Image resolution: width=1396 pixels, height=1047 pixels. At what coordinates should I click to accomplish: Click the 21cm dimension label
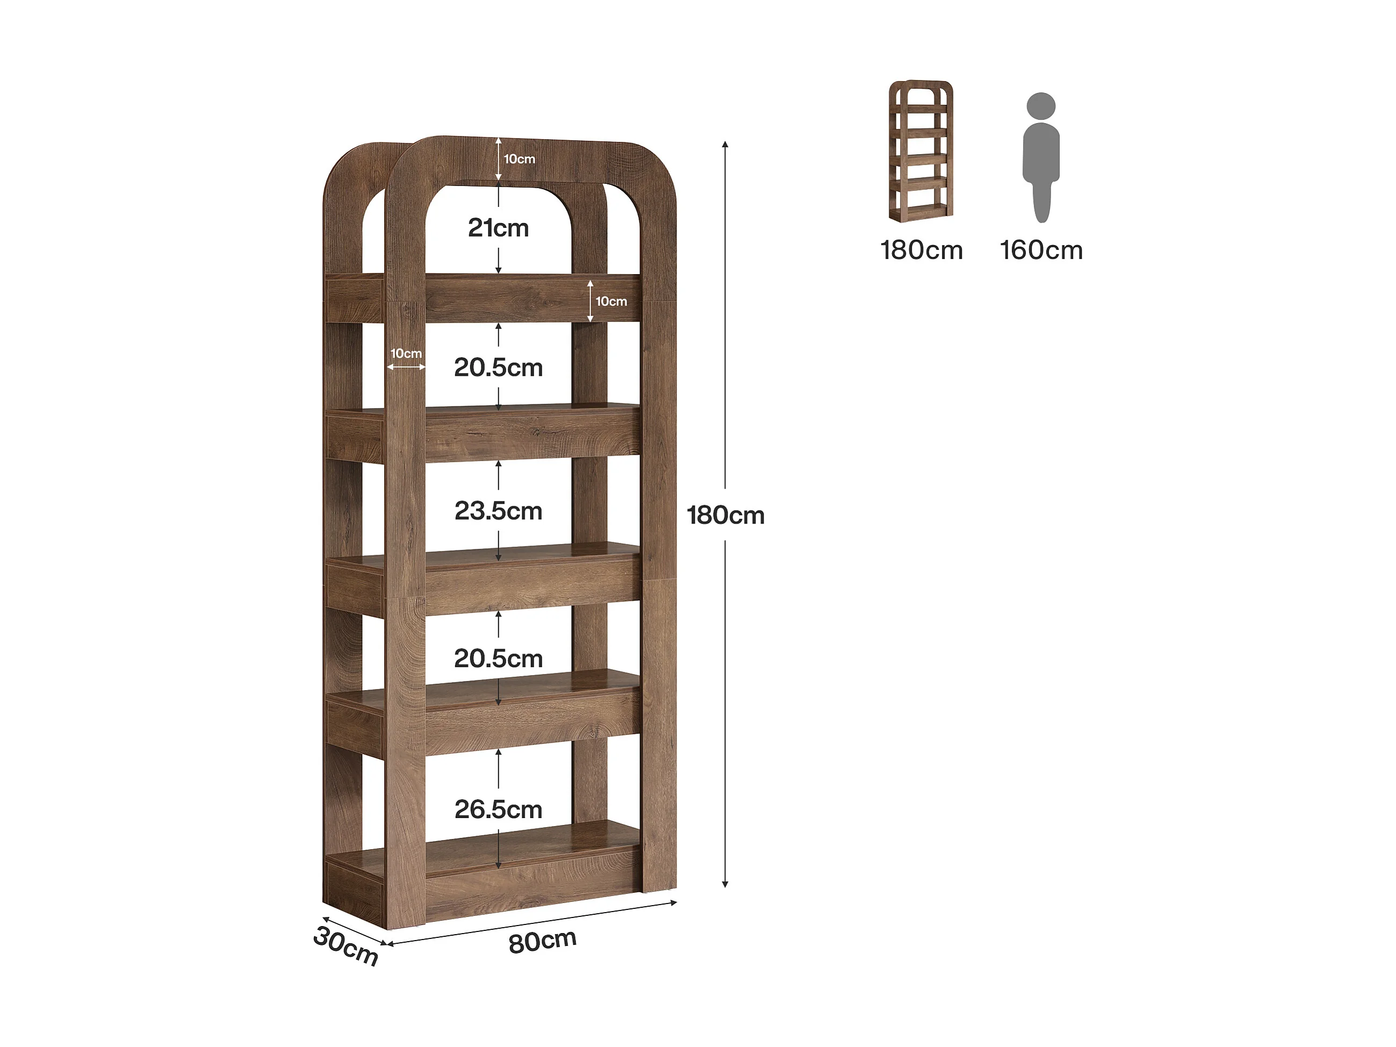[x=498, y=228]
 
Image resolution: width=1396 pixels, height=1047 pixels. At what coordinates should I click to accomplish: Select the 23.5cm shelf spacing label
[x=498, y=511]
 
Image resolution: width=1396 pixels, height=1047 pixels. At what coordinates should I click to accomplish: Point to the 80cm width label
[x=542, y=941]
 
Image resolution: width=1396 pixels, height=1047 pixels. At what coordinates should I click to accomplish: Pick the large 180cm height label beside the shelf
[x=725, y=515]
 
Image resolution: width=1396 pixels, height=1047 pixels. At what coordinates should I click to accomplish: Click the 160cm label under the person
[x=1041, y=250]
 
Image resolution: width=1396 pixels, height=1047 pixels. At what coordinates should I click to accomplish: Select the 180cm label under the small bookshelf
[x=922, y=250]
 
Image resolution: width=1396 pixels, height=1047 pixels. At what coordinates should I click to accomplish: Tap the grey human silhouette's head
[x=1041, y=106]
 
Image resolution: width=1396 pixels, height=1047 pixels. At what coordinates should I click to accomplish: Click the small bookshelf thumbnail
[x=921, y=151]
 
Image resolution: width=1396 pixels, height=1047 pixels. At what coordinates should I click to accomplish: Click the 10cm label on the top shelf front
[x=611, y=301]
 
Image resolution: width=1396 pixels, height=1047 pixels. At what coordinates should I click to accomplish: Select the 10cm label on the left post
[x=406, y=354]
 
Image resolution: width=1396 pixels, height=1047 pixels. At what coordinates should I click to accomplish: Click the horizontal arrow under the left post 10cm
[x=406, y=367]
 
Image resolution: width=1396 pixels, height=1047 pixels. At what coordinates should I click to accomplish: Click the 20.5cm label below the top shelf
[x=498, y=367]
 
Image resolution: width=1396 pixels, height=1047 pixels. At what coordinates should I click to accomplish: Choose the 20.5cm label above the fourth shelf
[x=498, y=658]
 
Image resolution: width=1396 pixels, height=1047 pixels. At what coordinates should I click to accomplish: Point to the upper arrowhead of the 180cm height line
[x=725, y=145]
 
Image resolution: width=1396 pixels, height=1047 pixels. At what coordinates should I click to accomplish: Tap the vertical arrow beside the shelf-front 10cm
[x=590, y=301]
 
